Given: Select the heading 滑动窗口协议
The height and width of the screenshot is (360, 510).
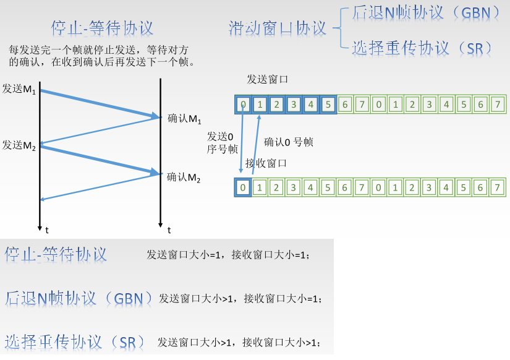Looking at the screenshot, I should [277, 28].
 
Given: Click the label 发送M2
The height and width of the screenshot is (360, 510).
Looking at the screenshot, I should [19, 145].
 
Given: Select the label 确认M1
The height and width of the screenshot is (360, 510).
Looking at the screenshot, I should [185, 118].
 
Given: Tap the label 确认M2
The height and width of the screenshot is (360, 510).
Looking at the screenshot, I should [184, 177].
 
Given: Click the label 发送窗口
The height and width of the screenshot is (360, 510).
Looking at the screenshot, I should [267, 79].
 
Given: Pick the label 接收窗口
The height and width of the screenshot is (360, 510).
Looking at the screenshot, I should [265, 163].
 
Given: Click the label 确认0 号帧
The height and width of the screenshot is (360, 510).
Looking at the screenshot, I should [289, 142].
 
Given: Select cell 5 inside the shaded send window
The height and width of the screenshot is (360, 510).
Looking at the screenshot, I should [328, 104].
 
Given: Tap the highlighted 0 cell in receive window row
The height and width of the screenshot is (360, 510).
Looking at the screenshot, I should [244, 187].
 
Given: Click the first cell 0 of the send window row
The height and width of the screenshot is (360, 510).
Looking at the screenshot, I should [244, 104].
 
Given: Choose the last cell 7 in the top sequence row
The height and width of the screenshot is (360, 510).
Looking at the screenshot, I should [496, 104].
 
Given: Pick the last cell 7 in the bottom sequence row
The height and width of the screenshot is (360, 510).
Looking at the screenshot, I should [496, 187].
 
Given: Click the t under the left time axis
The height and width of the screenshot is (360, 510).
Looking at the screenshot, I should [47, 230].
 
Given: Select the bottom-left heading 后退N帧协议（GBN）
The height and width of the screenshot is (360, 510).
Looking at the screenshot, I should [79, 298].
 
